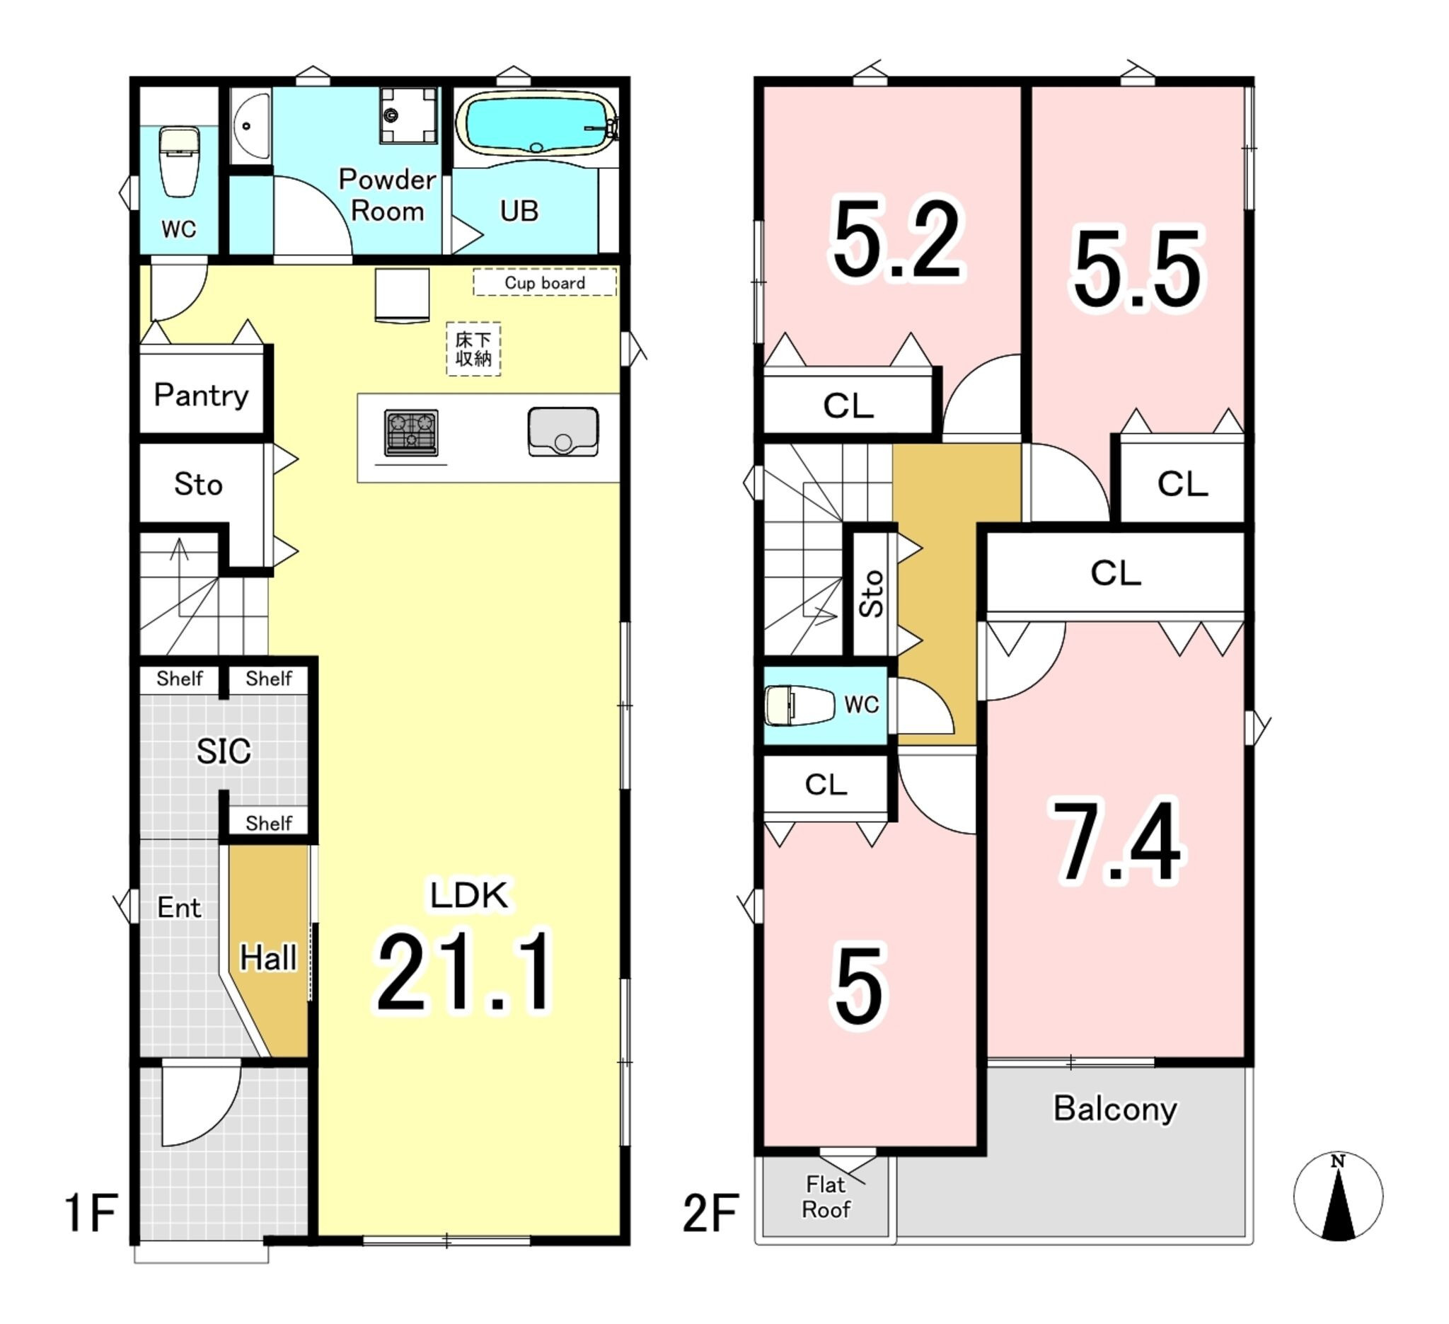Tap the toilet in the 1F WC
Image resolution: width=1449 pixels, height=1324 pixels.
pyautogui.click(x=179, y=161)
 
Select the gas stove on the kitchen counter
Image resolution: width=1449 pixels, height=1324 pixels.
pyautogui.click(x=411, y=432)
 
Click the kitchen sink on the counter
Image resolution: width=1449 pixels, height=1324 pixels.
pyautogui.click(x=562, y=431)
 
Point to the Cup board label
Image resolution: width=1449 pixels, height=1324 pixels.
pyautogui.click(x=545, y=282)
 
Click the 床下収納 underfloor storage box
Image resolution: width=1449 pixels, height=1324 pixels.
pyautogui.click(x=473, y=349)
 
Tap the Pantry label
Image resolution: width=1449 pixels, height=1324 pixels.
pyautogui.click(x=201, y=396)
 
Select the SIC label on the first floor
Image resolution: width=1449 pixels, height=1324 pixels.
pyautogui.click(x=224, y=751)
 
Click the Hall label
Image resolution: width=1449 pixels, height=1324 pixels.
pyautogui.click(x=268, y=957)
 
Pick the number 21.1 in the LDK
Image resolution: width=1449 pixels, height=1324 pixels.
pyautogui.click(x=464, y=972)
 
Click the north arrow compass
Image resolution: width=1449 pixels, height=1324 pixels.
pyautogui.click(x=1338, y=1197)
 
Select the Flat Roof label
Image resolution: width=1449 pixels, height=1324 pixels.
pyautogui.click(x=826, y=1197)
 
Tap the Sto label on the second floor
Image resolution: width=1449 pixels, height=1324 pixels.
pyautogui.click(x=871, y=594)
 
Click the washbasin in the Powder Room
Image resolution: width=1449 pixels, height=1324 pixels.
pyautogui.click(x=250, y=126)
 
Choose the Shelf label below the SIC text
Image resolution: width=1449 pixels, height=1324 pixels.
pyautogui.click(x=268, y=823)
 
